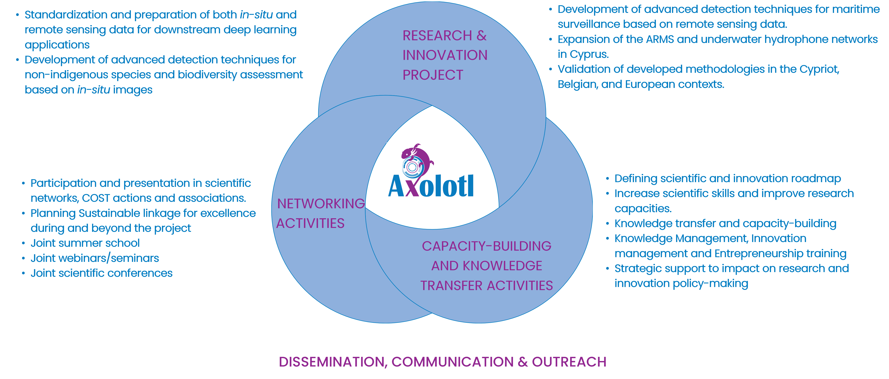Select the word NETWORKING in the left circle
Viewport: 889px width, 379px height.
(321, 204)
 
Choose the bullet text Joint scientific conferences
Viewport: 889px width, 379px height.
(101, 273)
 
